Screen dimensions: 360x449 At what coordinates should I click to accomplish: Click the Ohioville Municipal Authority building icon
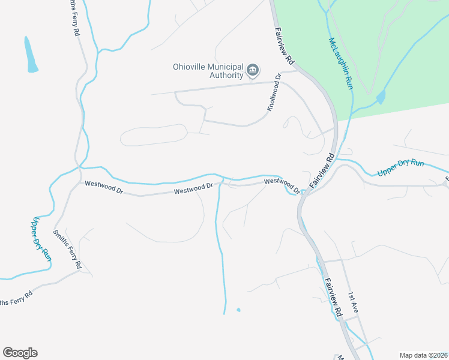point(253,71)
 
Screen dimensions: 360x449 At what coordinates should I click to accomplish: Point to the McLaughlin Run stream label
point(340,64)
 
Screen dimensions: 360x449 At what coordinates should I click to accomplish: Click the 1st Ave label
point(354,302)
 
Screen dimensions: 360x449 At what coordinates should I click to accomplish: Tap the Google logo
point(20,353)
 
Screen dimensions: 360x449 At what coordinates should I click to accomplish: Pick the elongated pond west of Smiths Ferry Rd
point(30,55)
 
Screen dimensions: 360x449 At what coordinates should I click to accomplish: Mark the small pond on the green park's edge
point(381,97)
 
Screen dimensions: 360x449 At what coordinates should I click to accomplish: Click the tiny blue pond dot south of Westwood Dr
point(238,310)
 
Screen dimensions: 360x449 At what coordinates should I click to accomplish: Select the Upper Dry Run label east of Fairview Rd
point(402,169)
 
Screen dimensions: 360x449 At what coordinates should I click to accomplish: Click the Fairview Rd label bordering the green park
point(285,46)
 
